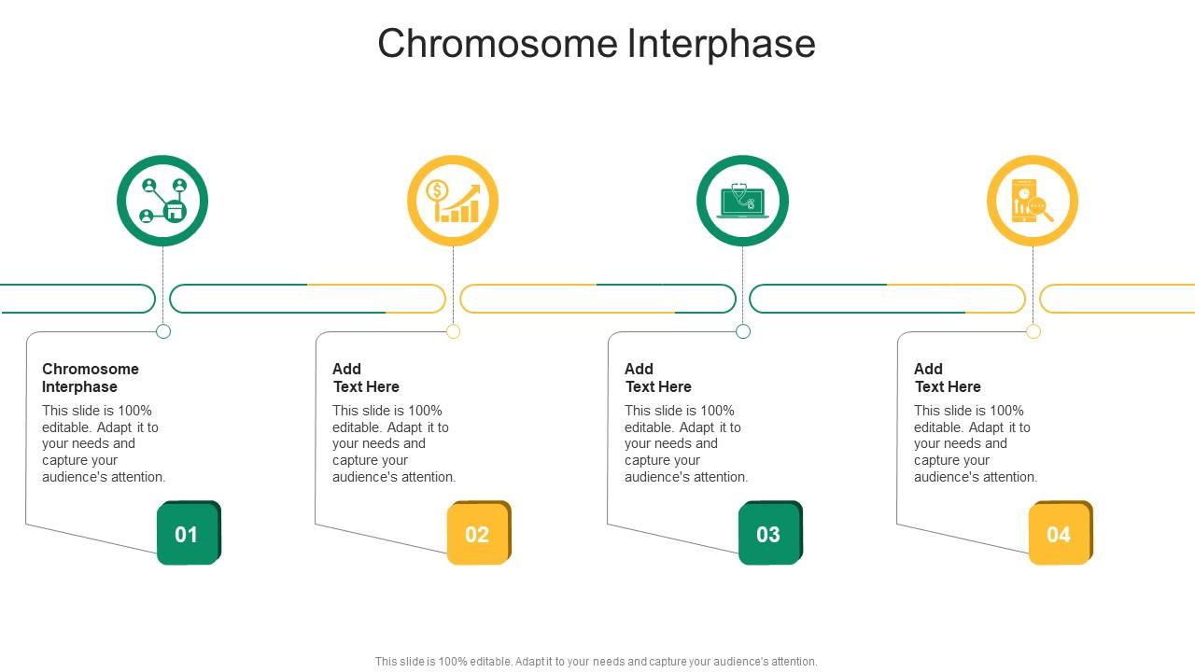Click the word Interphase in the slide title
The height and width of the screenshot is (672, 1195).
720,44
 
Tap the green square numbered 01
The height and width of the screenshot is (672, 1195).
188,534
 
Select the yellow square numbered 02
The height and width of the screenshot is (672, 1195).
478,534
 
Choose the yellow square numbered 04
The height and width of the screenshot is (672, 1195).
1060,534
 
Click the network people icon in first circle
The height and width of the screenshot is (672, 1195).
162,201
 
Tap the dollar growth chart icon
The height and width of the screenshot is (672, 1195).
453,201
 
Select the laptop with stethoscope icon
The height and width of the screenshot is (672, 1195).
742,201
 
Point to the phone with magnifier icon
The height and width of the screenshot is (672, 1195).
1033,201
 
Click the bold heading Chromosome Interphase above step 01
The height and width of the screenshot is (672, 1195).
90,378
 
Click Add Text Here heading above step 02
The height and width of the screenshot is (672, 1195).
365,378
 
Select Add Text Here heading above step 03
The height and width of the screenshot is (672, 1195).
657,378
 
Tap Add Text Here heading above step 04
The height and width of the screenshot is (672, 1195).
947,378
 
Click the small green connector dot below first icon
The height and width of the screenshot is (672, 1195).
163,331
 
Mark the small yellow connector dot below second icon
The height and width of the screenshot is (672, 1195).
454,331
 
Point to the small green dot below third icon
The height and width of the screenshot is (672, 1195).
743,331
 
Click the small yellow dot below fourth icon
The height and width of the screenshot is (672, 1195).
1033,331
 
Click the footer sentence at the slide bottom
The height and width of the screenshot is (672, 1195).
596,661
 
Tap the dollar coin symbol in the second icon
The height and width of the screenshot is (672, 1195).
437,191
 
